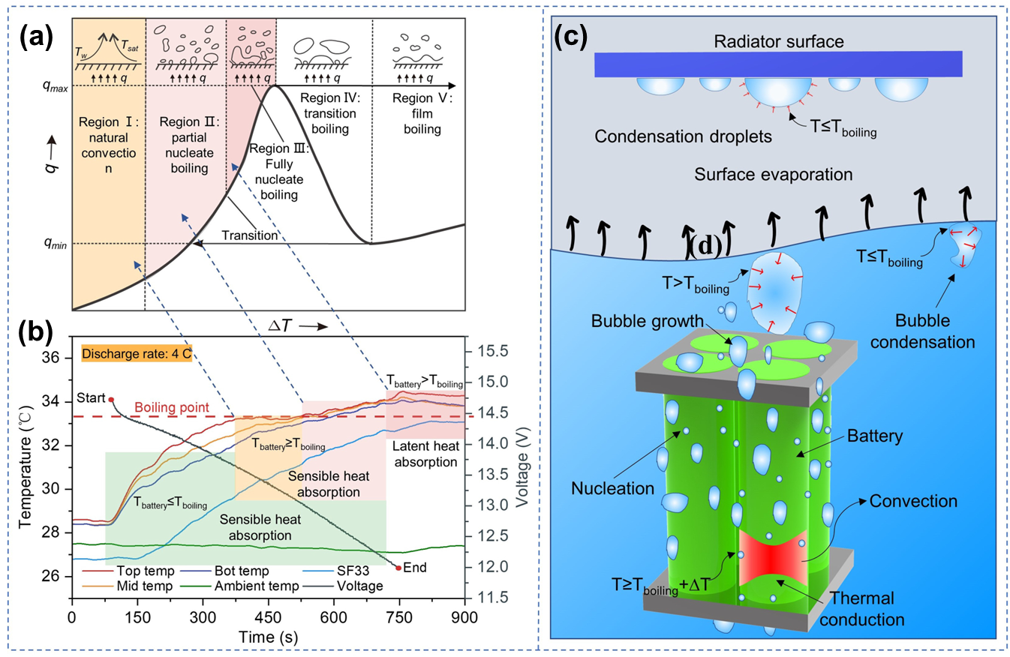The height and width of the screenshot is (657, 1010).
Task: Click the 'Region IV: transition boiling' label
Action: [325, 114]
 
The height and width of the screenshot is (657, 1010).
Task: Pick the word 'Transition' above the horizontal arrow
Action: [249, 235]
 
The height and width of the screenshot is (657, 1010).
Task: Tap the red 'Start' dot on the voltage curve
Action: [111, 400]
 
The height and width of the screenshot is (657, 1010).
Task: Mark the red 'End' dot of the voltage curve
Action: [398, 567]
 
